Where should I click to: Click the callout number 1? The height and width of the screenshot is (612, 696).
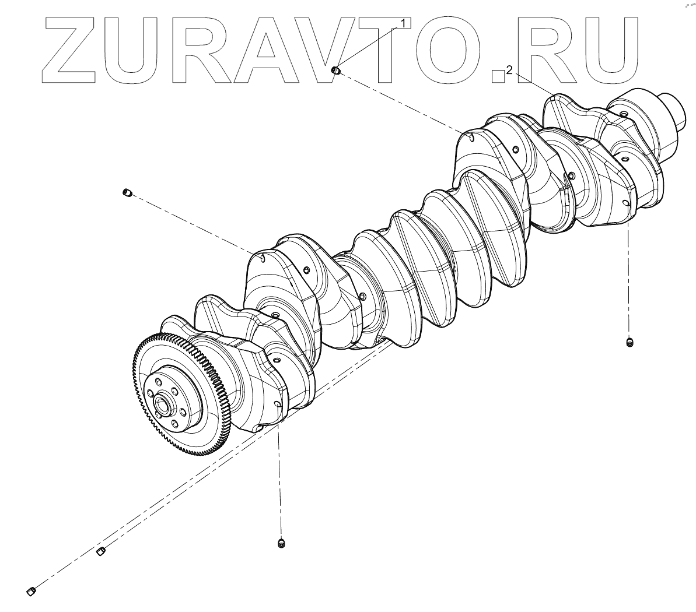tap(402, 23)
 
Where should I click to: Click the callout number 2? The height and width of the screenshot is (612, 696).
tap(509, 71)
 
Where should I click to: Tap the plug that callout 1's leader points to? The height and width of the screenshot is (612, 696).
tap(335, 71)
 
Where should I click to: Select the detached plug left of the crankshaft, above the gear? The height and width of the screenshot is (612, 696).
tap(127, 192)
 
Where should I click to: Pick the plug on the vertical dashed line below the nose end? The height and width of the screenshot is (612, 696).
tap(629, 342)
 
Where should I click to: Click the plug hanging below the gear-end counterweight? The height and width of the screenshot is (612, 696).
tap(282, 543)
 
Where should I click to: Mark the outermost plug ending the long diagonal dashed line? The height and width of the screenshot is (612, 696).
tap(32, 592)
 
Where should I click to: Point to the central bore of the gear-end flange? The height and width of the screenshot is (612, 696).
tap(163, 403)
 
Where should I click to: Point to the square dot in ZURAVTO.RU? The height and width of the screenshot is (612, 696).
tap(498, 75)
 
